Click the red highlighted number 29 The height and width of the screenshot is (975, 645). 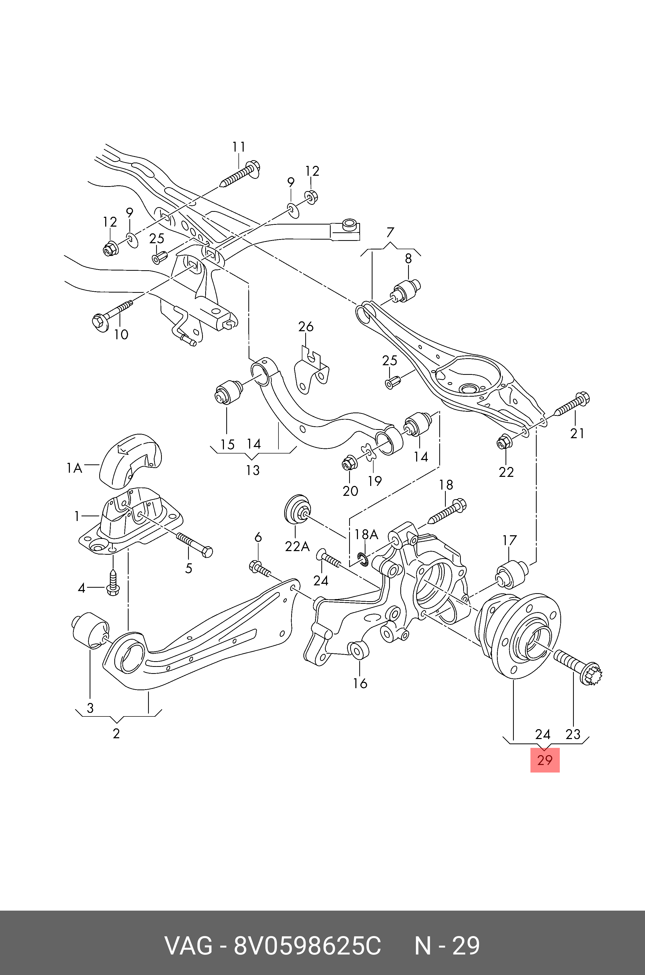pos(545,760)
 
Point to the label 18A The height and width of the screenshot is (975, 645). pos(366,534)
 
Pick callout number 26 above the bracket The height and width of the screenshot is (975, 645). pos(306,327)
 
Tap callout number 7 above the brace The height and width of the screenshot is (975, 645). pos(390,233)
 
